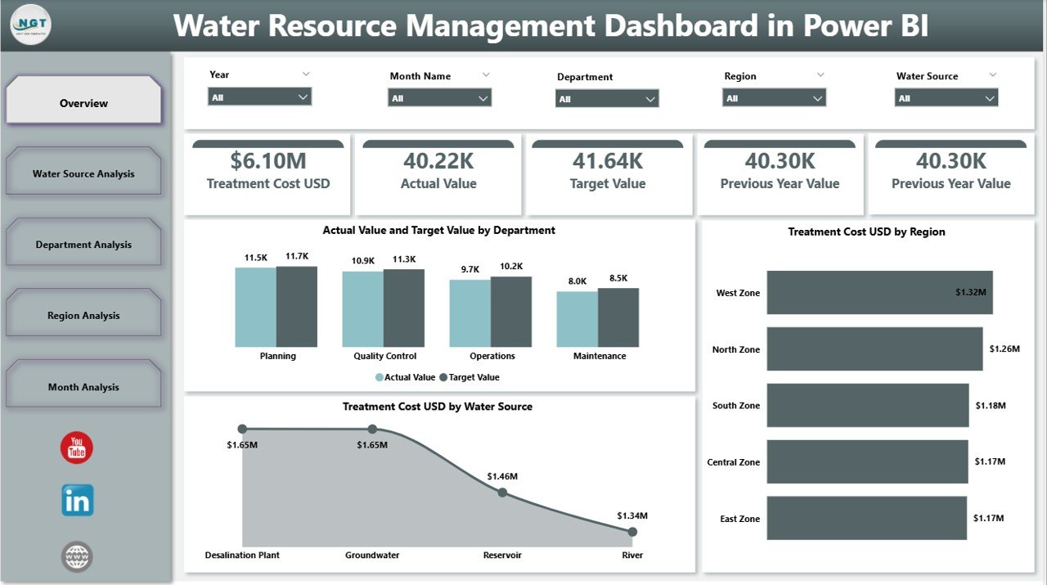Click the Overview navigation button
pos(83,103)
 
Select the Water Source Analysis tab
pos(83,173)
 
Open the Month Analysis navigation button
pos(83,387)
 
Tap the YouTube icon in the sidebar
pos(77,448)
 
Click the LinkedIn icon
pos(78,500)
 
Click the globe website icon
pos(77,557)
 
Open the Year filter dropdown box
pos(260,97)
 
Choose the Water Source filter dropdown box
pos(946,98)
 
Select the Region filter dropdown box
pos(774,98)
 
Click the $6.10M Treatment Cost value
pos(267,160)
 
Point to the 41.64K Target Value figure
pos(607,160)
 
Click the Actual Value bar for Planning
pos(255,307)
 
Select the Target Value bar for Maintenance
pos(618,317)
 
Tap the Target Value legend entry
pos(470,377)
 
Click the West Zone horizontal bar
pos(879,292)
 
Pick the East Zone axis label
pos(739,519)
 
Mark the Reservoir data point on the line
pos(502,493)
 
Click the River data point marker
pos(632,532)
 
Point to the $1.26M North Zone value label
pos(1004,349)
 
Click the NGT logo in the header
pos(31,25)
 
